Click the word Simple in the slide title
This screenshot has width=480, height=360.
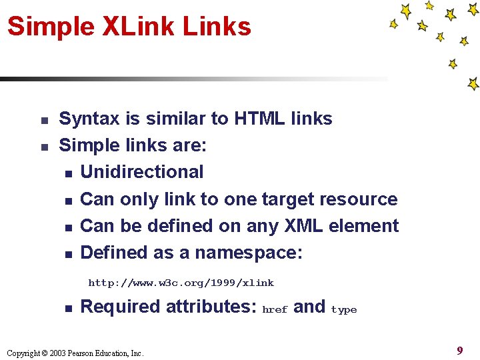(51, 27)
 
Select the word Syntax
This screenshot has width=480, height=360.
(90, 119)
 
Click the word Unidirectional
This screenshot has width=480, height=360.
(141, 172)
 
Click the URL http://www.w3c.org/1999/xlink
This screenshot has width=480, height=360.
(181, 283)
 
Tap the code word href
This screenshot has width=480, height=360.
(275, 309)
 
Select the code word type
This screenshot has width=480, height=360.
(344, 310)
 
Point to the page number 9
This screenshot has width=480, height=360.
(459, 350)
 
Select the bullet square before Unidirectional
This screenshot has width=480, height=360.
(68, 174)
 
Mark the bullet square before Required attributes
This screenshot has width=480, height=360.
(68, 309)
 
